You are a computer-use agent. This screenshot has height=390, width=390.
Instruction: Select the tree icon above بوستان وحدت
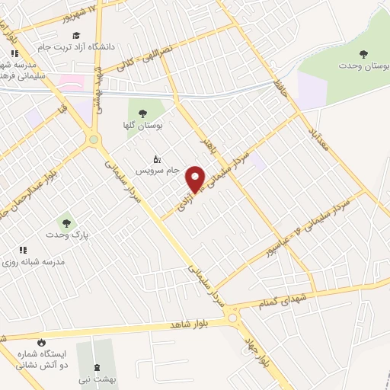click(x=364, y=53)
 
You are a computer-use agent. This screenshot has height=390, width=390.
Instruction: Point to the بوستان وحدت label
click(x=364, y=67)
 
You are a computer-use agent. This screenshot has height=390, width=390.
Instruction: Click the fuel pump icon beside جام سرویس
click(x=157, y=159)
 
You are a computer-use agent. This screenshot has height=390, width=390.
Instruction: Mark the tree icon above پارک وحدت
click(x=67, y=223)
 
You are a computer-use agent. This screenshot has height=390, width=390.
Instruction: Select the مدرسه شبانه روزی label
click(x=44, y=261)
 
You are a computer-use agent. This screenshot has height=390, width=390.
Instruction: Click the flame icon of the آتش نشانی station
click(x=41, y=342)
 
